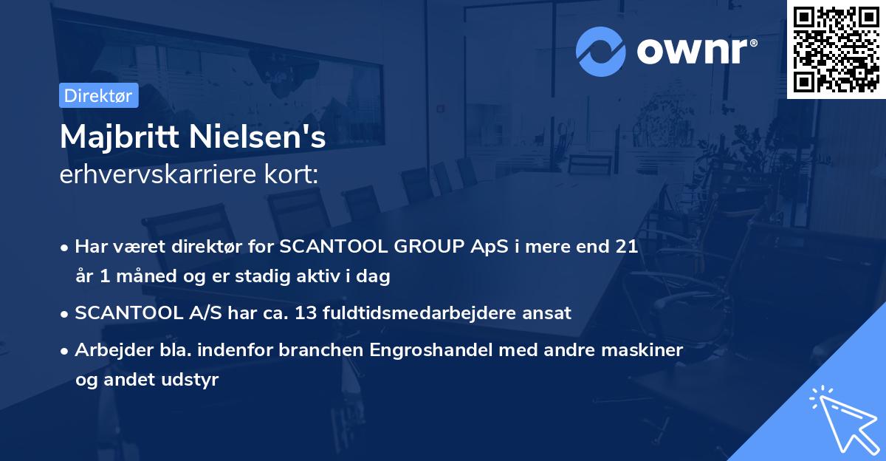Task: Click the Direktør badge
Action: click(98, 95)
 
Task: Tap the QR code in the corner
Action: click(836, 49)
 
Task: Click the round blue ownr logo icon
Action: click(601, 52)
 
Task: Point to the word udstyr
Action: click(193, 380)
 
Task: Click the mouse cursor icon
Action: click(842, 417)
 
